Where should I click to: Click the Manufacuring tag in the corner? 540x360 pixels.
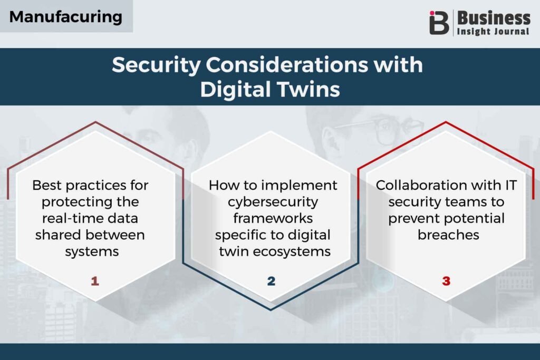click(x=66, y=16)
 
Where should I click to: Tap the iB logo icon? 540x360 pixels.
click(x=439, y=22)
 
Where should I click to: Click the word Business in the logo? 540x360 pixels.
click(x=494, y=18)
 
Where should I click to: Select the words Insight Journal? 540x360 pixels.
click(x=493, y=31)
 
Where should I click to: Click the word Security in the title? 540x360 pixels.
click(x=156, y=65)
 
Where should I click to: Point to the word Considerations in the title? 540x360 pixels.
click(x=287, y=64)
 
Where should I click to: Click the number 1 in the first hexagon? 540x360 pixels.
click(x=95, y=281)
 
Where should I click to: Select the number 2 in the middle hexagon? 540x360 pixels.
click(x=271, y=281)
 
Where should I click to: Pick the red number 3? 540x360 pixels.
click(x=446, y=281)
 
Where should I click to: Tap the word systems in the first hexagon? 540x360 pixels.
click(x=92, y=251)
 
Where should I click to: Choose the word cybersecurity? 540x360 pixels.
click(x=273, y=202)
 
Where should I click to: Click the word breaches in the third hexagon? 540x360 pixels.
click(x=448, y=235)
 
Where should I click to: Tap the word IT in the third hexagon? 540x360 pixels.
click(x=511, y=185)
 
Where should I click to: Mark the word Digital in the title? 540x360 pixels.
click(x=236, y=90)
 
